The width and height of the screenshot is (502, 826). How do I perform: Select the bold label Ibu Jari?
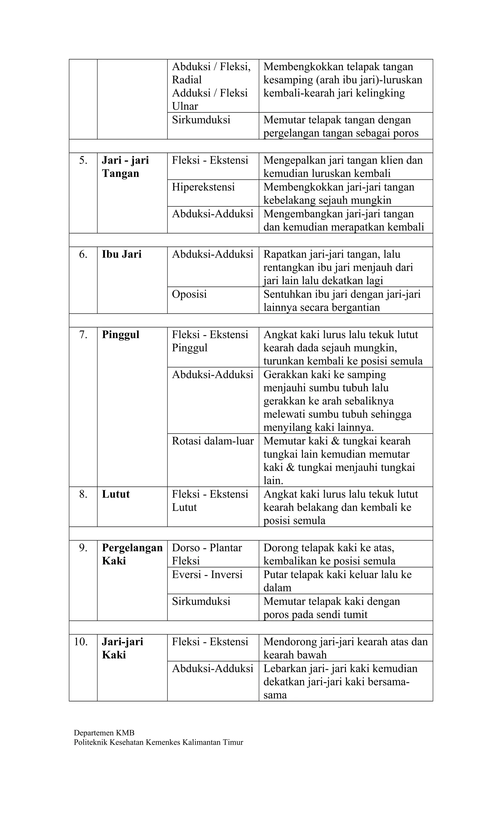point(122,254)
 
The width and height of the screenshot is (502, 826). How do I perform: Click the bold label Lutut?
point(115,494)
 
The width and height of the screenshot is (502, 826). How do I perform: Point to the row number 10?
point(81,642)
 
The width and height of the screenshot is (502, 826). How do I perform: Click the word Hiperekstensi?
point(203,187)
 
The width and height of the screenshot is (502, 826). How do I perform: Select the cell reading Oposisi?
point(189,294)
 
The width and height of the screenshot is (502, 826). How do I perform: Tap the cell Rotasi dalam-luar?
point(213,441)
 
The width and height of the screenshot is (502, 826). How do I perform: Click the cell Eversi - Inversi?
point(207,575)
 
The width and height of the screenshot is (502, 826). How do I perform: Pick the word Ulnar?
point(185,106)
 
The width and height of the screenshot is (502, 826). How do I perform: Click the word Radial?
point(187,80)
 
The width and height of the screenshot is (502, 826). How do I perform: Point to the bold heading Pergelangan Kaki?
point(132,554)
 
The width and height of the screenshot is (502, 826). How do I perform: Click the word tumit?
point(356,614)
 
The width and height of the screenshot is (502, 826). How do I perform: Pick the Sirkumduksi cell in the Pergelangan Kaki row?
point(201,601)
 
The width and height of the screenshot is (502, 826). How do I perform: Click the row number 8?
point(83,494)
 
